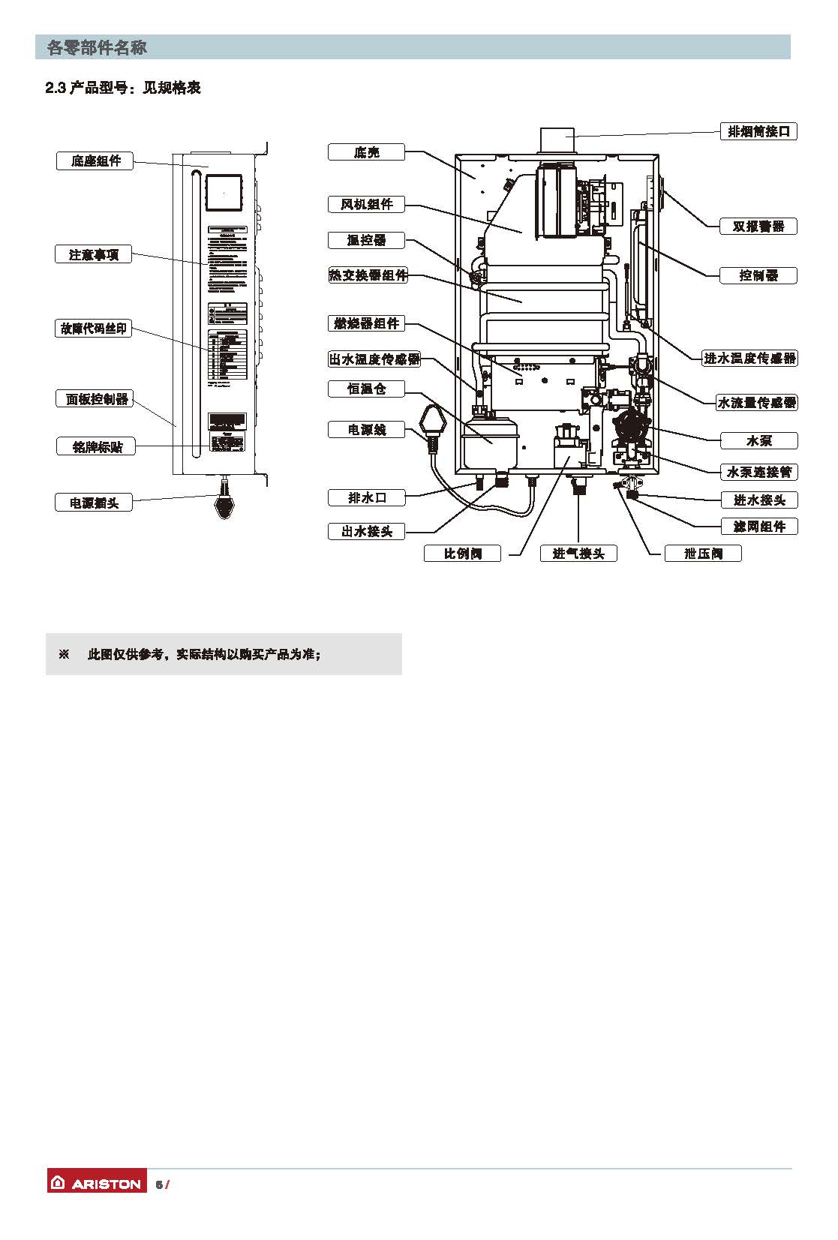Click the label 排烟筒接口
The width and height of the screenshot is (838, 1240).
tap(758, 131)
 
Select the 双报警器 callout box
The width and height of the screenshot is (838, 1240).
tap(758, 226)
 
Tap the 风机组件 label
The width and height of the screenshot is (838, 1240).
tap(366, 204)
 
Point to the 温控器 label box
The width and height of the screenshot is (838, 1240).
tap(366, 240)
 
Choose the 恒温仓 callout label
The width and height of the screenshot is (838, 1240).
tap(366, 389)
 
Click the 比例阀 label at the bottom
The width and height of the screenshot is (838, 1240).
tap(462, 554)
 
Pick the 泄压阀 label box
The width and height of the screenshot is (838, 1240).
tap(703, 554)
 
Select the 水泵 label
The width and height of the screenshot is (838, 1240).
tap(758, 440)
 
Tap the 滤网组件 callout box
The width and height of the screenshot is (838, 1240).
tap(758, 527)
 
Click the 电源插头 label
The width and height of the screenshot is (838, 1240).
tap(94, 503)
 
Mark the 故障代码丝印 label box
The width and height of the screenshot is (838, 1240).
tap(94, 329)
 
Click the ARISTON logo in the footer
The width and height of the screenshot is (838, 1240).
tap(97, 1184)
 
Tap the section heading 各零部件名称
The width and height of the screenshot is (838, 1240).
tap(97, 48)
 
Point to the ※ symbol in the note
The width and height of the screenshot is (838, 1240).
tap(64, 655)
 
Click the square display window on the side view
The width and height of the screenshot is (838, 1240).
tap(224, 194)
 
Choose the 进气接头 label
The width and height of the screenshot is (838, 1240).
tap(578, 554)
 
